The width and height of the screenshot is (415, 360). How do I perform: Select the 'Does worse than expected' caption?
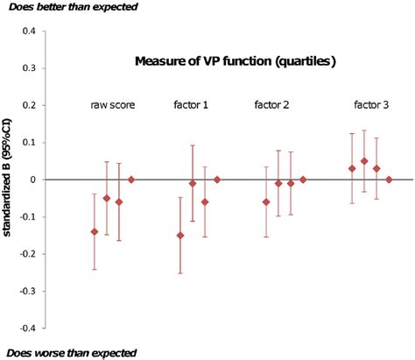pyautogui.click(x=70, y=352)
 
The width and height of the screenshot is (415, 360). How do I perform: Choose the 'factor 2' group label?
pyautogui.click(x=271, y=107)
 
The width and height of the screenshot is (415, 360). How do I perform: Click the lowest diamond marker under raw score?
pyautogui.click(x=95, y=231)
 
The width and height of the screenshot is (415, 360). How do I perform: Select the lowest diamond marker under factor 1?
pyautogui.click(x=180, y=235)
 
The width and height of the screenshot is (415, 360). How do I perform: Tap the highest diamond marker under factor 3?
pyautogui.click(x=364, y=161)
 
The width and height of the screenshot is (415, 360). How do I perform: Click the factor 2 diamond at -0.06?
pyautogui.click(x=266, y=201)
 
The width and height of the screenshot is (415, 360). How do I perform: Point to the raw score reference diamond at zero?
pyautogui.click(x=131, y=180)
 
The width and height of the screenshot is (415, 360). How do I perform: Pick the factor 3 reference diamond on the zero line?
pyautogui.click(x=389, y=180)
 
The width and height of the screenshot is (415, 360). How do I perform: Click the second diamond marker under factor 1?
pyautogui.click(x=193, y=183)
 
